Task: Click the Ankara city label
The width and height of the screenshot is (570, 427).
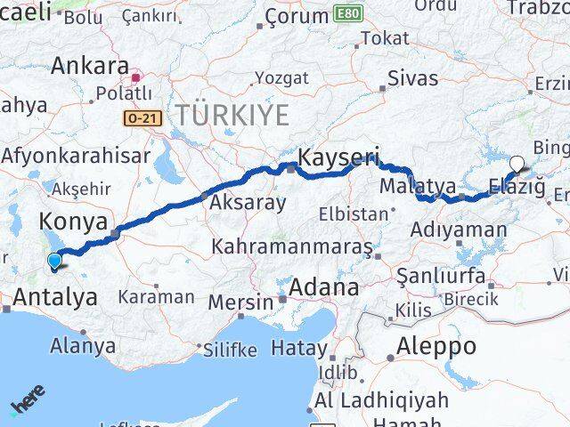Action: click(89, 66)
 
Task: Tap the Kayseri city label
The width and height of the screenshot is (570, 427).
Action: click(338, 157)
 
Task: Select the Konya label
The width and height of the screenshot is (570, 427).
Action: click(73, 221)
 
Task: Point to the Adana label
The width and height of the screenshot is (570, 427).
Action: click(326, 288)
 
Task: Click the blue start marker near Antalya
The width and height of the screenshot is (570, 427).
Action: click(55, 261)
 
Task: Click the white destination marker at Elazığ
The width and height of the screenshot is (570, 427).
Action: click(517, 164)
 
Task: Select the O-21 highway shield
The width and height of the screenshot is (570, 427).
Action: click(138, 117)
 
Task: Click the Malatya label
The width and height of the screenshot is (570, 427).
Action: click(417, 187)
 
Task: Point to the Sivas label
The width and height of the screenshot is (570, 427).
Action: click(412, 78)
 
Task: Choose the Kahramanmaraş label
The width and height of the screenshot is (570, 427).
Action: click(292, 246)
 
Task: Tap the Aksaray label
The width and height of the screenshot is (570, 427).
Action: click(248, 202)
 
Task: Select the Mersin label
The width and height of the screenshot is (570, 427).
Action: click(243, 302)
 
